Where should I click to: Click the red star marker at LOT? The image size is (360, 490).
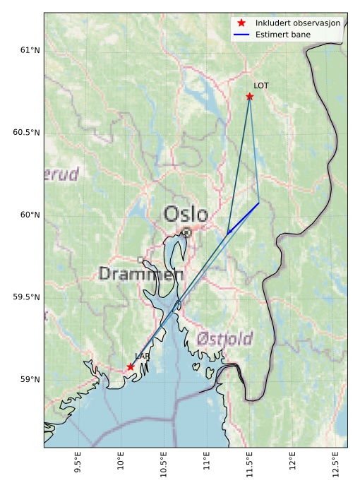click(249, 96)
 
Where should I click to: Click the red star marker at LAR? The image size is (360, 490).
click(131, 366)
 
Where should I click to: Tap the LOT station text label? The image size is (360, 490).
click(261, 85)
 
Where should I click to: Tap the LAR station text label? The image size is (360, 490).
click(142, 357)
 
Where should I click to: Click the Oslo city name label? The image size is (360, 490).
click(186, 214)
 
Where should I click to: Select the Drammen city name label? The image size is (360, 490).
click(141, 274)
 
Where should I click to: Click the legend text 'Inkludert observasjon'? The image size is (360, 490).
click(298, 23)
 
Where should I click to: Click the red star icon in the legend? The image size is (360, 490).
click(242, 23)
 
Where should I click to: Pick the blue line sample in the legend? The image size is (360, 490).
click(242, 34)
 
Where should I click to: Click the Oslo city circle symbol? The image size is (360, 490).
click(186, 232)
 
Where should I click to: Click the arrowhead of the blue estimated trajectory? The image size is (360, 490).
click(228, 232)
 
